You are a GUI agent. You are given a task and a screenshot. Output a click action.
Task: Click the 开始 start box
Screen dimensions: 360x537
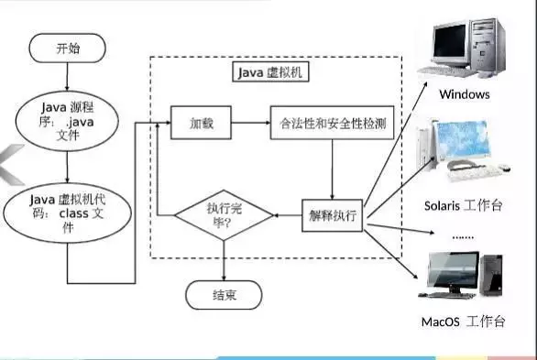(68, 49)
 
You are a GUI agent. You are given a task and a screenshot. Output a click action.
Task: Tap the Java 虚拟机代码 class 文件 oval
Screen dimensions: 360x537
(67, 212)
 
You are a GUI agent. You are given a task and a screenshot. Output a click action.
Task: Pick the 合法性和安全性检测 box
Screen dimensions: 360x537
(332, 122)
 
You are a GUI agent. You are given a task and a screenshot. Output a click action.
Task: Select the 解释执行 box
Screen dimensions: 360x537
(332, 216)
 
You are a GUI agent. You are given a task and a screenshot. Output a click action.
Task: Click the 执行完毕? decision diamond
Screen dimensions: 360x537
(225, 216)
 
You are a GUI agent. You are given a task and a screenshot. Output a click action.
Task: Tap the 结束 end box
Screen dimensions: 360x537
(225, 295)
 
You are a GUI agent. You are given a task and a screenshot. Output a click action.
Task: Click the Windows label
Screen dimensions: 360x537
(464, 94)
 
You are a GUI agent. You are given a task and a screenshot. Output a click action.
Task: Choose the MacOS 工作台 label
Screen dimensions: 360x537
(464, 322)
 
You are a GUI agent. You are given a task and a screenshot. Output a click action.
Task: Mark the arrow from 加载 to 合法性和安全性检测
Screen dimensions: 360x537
(249, 122)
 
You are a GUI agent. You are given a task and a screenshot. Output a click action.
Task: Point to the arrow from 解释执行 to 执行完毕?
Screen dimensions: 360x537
(289, 216)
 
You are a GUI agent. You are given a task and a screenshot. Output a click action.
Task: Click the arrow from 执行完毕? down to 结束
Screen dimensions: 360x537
(225, 261)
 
